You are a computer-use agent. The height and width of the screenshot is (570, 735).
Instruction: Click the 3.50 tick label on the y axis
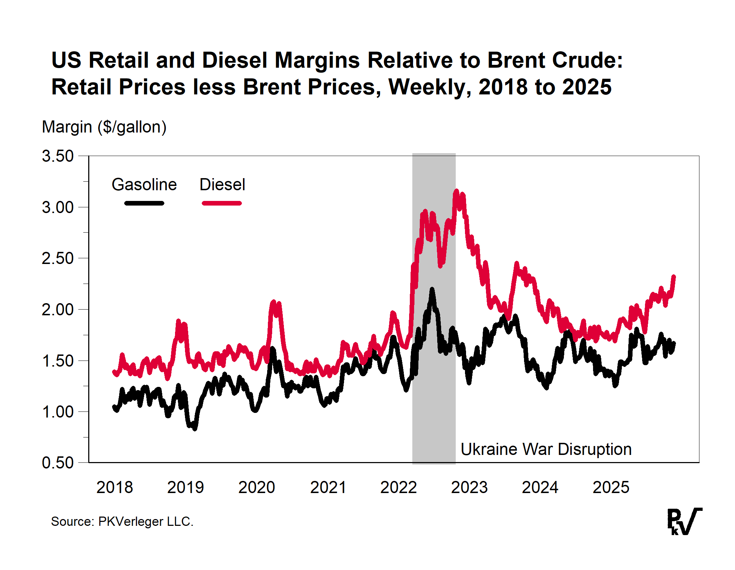[x=58, y=156]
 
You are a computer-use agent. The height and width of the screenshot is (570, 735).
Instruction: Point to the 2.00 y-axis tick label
[x=58, y=310]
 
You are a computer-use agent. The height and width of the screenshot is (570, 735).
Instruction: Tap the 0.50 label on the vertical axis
[x=58, y=463]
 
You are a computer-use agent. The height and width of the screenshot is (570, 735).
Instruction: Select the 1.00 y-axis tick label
[x=58, y=412]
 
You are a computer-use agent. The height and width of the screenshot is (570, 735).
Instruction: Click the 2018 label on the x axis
[x=115, y=487]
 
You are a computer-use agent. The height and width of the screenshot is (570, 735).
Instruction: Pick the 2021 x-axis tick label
[x=328, y=487]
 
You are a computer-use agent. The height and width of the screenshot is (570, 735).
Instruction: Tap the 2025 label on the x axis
[x=611, y=487]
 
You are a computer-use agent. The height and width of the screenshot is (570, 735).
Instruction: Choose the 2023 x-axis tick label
[x=469, y=487]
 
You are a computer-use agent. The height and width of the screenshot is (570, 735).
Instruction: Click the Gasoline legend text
[x=144, y=185]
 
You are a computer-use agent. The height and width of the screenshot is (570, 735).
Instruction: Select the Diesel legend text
[x=222, y=185]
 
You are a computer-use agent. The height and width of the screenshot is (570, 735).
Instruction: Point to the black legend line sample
[x=144, y=203]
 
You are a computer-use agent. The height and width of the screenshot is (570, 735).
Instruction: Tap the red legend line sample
[x=222, y=203]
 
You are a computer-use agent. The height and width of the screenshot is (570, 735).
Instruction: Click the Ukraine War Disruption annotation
[x=546, y=449]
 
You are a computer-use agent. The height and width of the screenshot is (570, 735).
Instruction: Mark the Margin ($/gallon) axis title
[x=104, y=127]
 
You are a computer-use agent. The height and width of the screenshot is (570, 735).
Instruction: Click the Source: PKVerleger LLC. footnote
[x=122, y=522]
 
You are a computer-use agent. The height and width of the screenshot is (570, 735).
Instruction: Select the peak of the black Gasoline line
[x=432, y=290]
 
